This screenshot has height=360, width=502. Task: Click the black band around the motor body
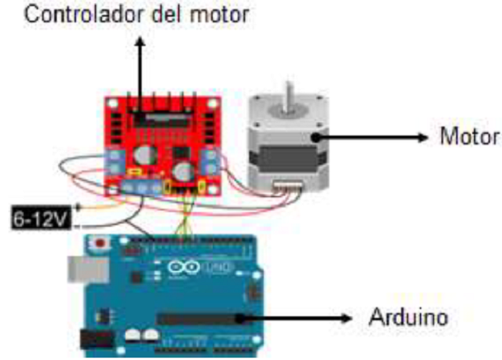tap(281, 155)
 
